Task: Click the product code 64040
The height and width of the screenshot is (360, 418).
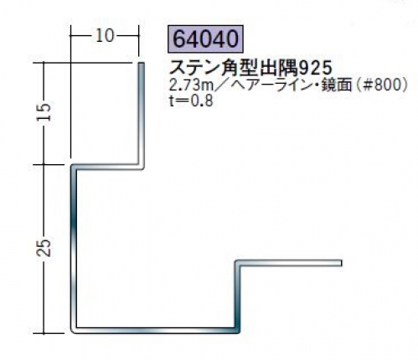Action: click(205, 39)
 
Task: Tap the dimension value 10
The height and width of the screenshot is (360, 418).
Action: click(105, 36)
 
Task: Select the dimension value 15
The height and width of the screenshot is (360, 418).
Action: click(44, 112)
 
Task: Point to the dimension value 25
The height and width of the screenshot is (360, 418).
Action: click(44, 248)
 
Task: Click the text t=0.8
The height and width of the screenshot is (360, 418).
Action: click(191, 100)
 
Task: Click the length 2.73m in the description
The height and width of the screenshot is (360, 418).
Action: click(191, 85)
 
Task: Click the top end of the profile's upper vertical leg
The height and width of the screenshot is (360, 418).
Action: click(142, 63)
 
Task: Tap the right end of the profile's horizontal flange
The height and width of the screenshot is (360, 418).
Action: click(342, 263)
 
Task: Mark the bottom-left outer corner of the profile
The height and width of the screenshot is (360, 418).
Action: click(71, 332)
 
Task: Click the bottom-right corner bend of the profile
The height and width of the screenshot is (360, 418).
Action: click(238, 331)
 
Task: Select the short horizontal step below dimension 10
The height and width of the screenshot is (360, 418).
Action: click(107, 167)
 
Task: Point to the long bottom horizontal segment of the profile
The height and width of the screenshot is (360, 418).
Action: click(155, 331)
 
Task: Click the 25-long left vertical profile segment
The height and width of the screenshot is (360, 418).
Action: click(74, 249)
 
